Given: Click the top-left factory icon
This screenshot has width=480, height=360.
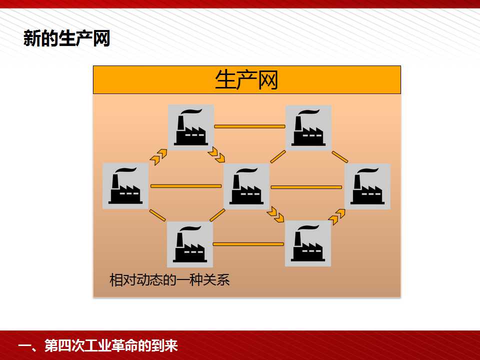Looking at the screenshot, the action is pos(191,127).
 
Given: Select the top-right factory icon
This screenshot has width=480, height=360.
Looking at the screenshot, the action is pos(308,127).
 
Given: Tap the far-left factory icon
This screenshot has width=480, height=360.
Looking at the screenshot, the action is pos(125,186).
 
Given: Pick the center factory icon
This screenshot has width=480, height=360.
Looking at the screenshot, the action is pos(246,186).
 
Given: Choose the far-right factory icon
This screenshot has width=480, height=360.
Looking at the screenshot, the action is pos(367,186).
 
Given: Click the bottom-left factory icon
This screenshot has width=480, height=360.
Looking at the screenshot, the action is pos(190,244).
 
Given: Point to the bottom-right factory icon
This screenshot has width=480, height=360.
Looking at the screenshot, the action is pos(308,243).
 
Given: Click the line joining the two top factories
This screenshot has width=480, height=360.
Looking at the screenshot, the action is pos(250,126).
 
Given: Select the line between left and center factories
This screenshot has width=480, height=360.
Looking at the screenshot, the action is pos(186,186).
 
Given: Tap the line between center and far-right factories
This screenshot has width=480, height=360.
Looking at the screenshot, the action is pos(306,187).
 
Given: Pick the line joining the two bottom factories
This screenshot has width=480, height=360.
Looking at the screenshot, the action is pos(248,244).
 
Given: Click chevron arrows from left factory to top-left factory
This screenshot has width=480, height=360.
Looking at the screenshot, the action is pos(158,156).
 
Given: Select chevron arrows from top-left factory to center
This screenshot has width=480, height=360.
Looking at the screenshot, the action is pos(216,155).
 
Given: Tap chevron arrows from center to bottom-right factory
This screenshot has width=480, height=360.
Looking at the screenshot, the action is pos(275,214).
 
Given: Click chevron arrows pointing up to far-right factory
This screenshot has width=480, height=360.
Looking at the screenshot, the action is pos(336,216).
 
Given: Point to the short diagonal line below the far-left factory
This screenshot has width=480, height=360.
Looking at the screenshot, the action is pos(157,215).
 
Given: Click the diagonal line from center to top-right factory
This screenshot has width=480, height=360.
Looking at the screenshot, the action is pos(278,156).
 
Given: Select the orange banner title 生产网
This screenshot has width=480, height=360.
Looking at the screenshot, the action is pos(246,80).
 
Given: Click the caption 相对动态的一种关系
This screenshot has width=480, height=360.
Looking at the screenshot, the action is pos(169,279).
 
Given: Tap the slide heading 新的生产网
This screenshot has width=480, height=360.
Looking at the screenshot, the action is pos(66,38).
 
